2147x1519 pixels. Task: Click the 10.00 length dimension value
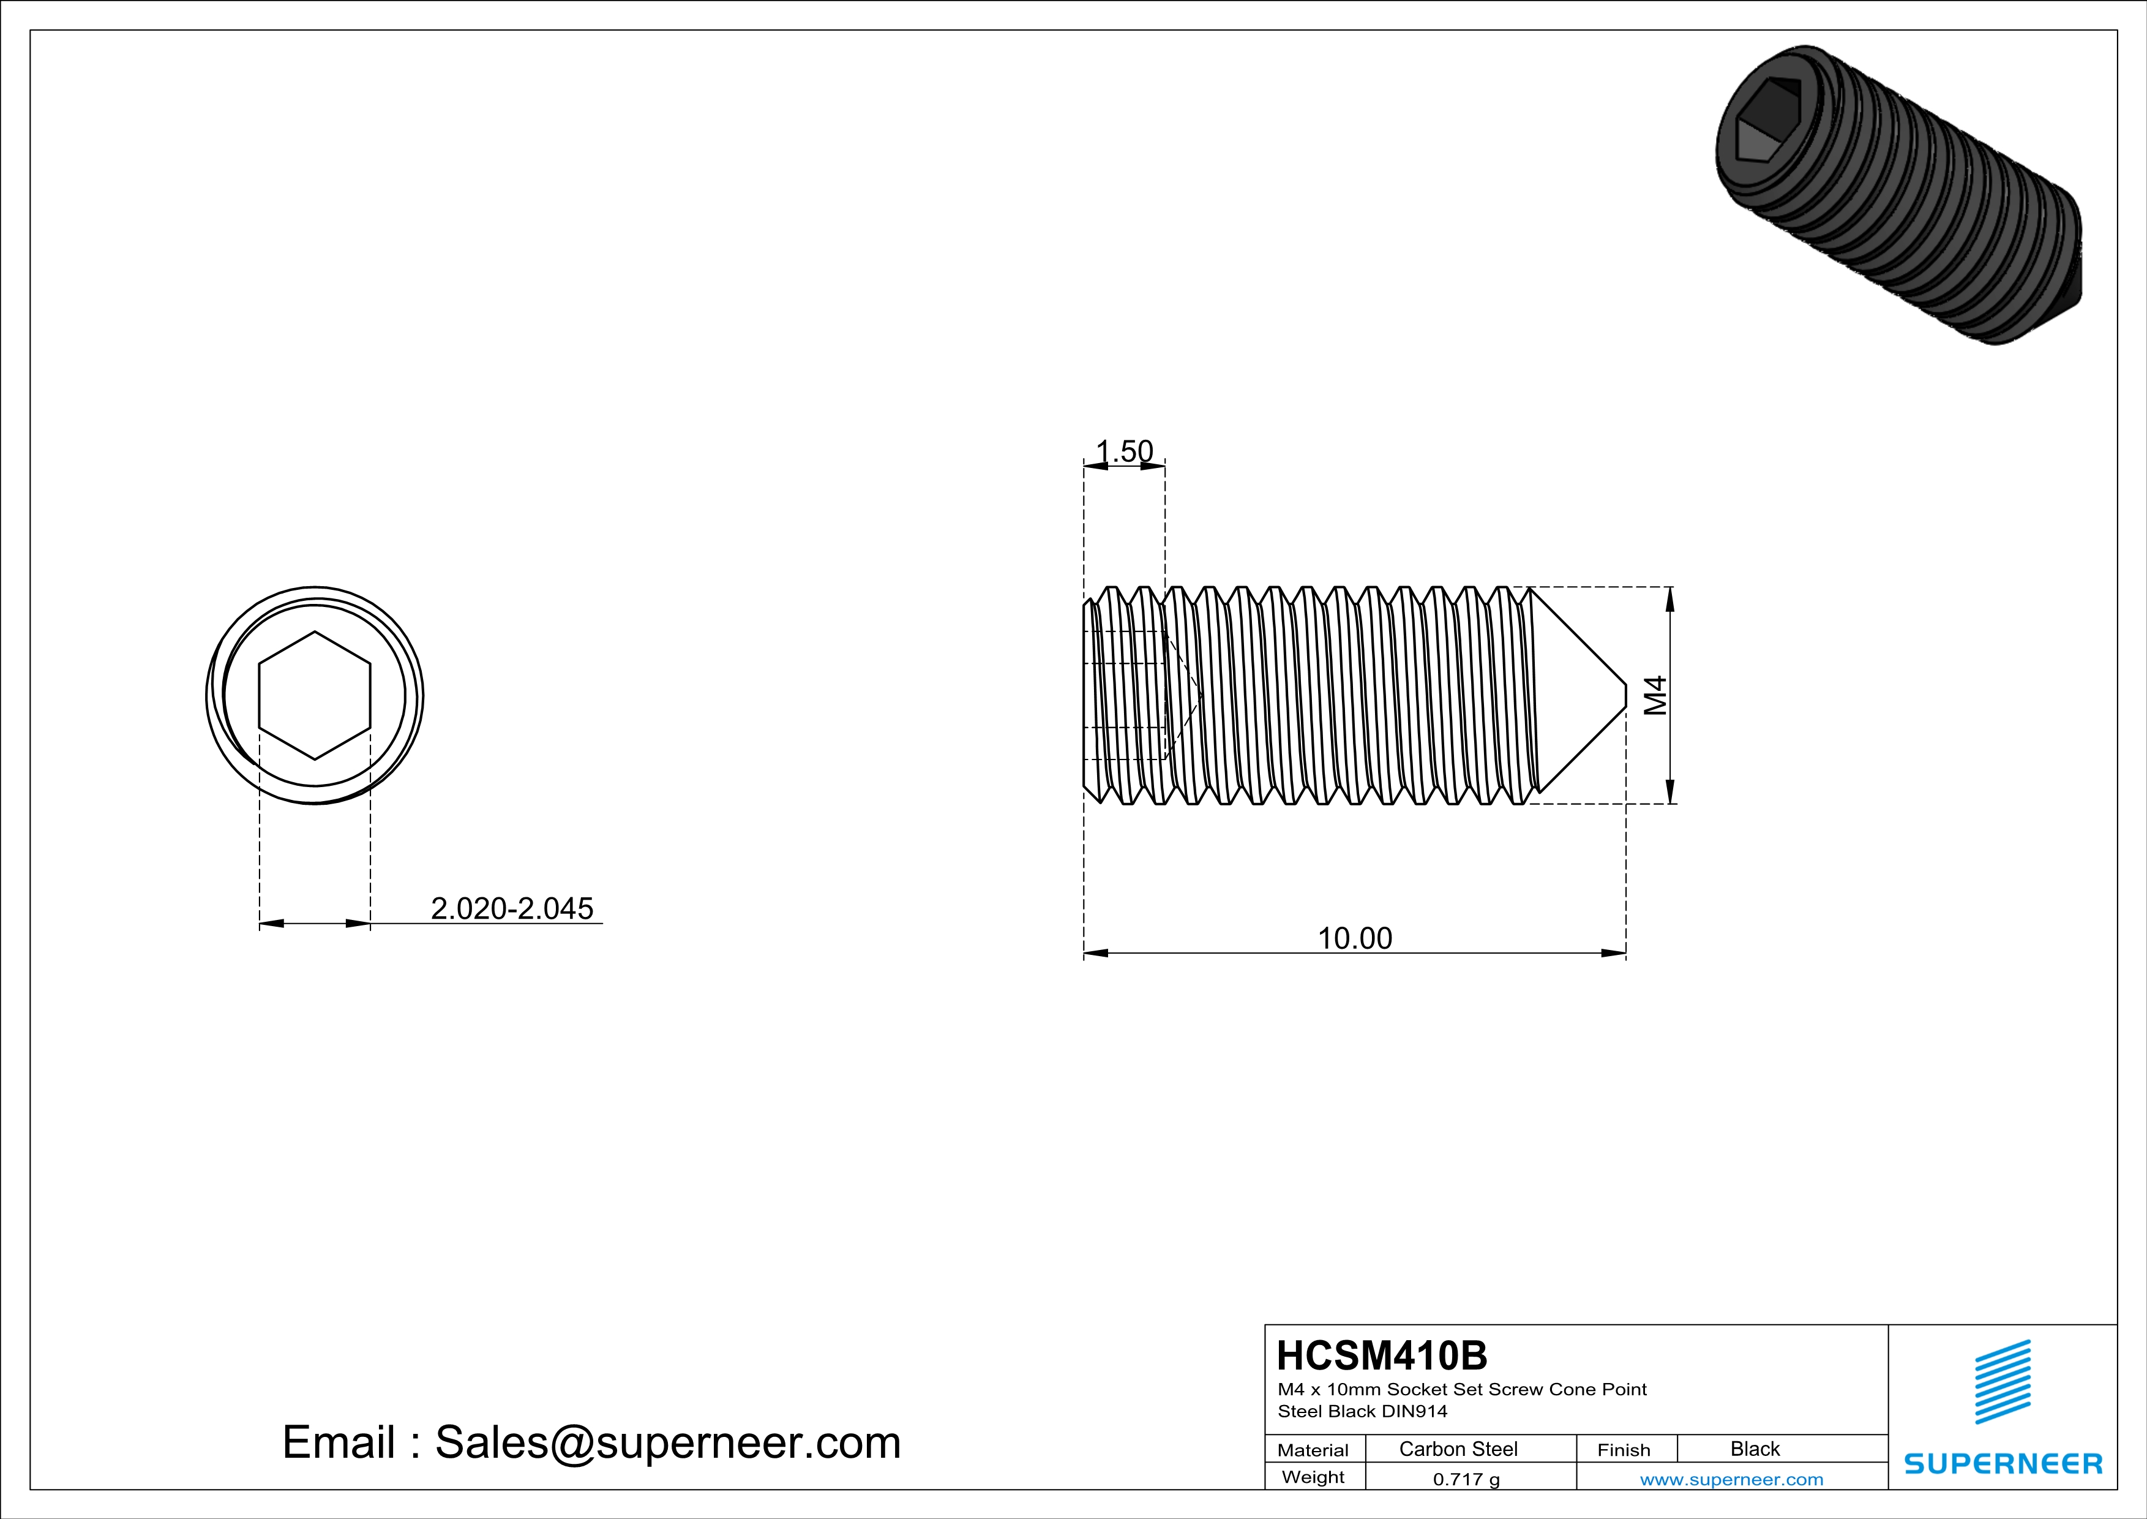coord(1354,938)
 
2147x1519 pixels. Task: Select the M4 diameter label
coord(1655,695)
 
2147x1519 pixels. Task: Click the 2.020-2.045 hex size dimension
coord(512,908)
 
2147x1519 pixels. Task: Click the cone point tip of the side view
coord(1624,695)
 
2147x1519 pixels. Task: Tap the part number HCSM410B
coord(1381,1355)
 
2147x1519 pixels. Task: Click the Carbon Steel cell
coord(1458,1449)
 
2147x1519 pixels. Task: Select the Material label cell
coord(1313,1450)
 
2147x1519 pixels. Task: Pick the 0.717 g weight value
coord(1466,1479)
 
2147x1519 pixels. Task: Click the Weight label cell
coord(1313,1477)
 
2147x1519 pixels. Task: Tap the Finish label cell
coord(1624,1450)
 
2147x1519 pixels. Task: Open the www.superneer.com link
coord(1731,1479)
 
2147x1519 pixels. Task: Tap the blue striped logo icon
coord(2002,1382)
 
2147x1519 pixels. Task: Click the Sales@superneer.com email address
coord(668,1442)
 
